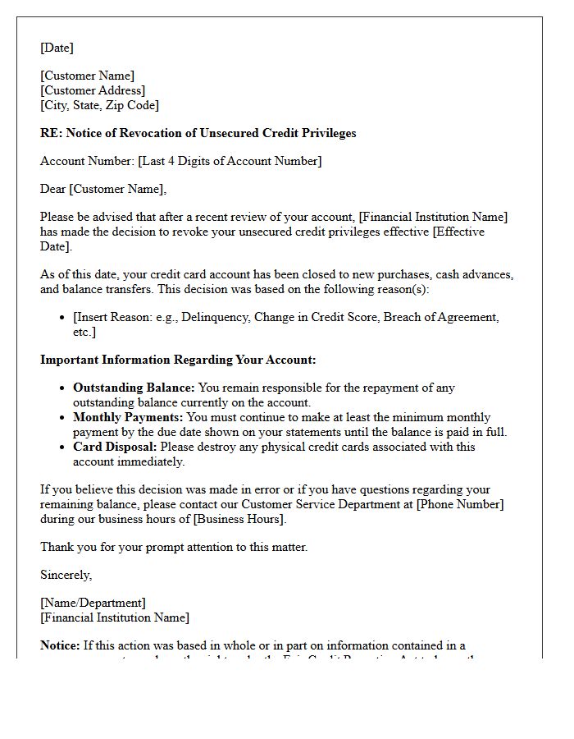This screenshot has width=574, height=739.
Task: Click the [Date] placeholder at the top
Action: [x=57, y=48]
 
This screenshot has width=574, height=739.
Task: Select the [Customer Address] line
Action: [x=93, y=90]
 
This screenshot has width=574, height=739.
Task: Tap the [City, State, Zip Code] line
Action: [x=99, y=105]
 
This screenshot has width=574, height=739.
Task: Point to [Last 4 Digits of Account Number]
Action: [x=230, y=161]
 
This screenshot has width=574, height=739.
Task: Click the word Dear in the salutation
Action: [x=53, y=189]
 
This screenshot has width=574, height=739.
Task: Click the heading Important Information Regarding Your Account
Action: [x=178, y=360]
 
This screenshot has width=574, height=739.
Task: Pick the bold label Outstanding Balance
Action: [x=134, y=388]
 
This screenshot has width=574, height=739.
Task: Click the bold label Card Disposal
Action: [x=115, y=447]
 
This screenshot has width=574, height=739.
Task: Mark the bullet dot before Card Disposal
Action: [x=63, y=448]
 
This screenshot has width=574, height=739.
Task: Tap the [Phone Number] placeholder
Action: [x=460, y=504]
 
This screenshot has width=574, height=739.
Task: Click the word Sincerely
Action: [x=66, y=575]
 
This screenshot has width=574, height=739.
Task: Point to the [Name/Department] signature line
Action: [x=93, y=603]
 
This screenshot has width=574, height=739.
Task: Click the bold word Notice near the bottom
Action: [x=60, y=645]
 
